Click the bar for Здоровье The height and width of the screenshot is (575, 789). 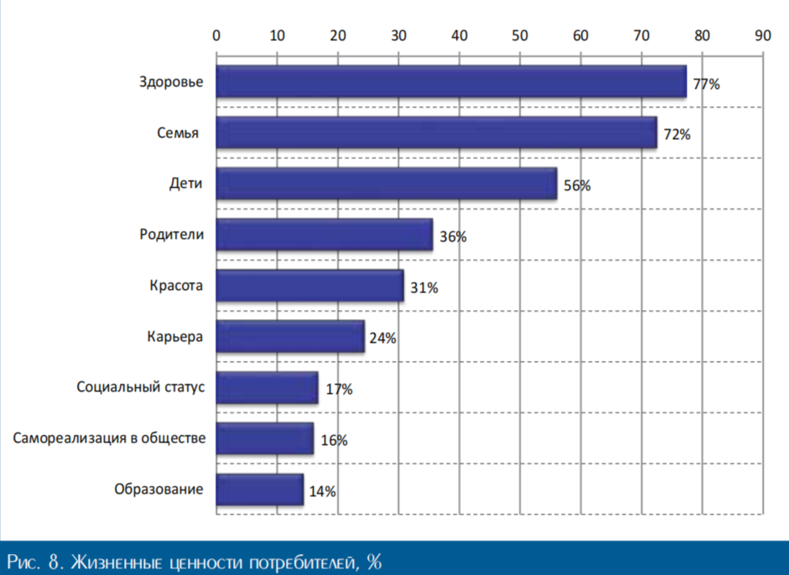(451, 82)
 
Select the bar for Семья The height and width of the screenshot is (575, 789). (436, 133)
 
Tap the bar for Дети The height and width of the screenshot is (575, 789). (387, 184)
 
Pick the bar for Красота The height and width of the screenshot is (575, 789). (309, 287)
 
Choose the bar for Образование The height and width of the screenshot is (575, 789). (260, 490)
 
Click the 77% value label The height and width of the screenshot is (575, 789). (706, 84)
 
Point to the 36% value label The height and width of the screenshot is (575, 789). (453, 237)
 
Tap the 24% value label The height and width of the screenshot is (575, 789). (382, 339)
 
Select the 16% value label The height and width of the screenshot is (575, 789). (334, 441)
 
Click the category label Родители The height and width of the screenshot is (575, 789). (172, 235)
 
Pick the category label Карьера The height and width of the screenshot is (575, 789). (174, 337)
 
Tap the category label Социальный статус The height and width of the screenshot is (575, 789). (140, 387)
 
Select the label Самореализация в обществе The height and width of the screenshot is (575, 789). (108, 438)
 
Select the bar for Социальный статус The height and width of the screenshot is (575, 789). (267, 388)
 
